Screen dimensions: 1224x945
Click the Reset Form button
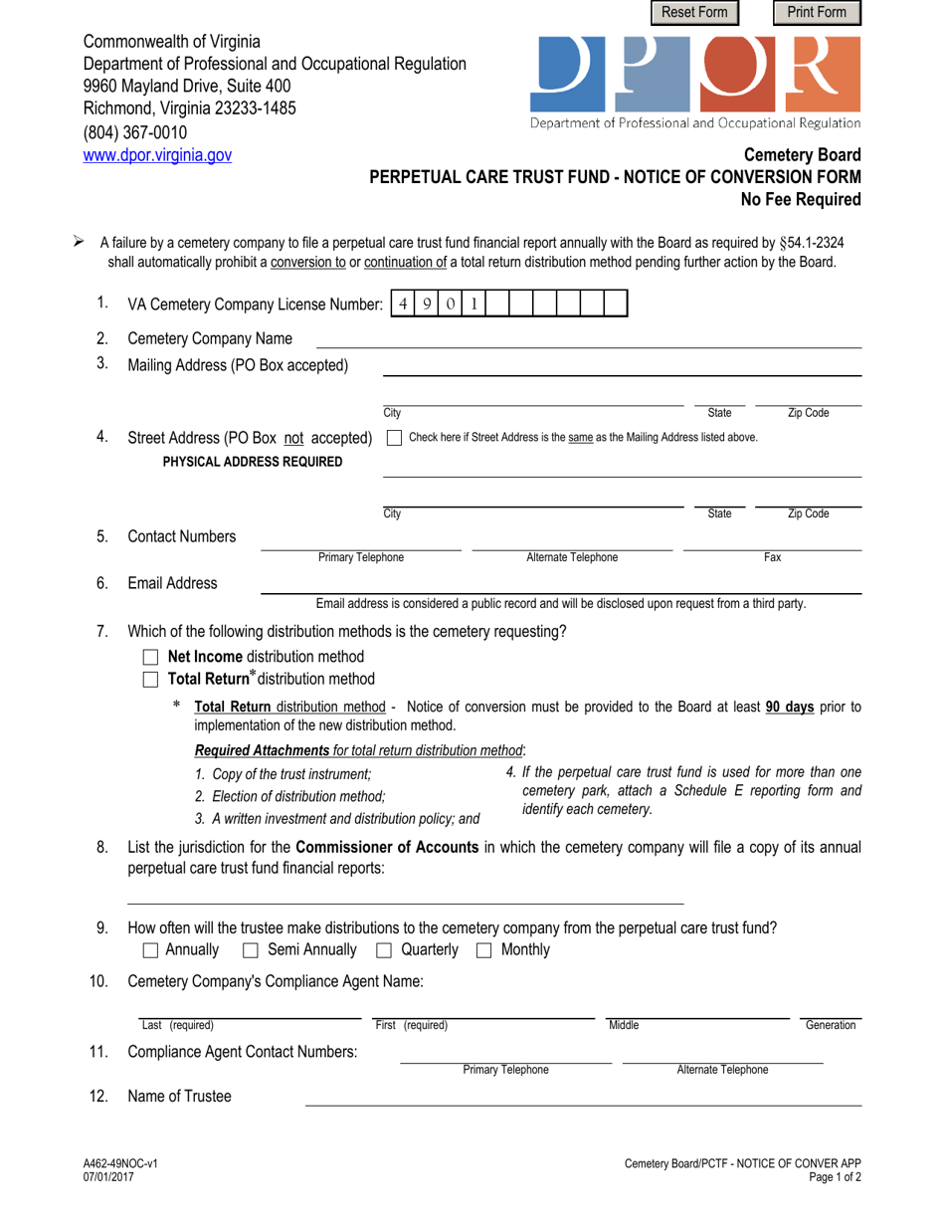(695, 13)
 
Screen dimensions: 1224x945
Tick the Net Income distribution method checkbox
(151, 658)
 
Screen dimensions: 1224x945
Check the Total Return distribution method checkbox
(151, 680)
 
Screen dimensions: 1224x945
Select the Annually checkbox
(151, 950)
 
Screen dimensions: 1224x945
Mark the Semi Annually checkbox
(253, 950)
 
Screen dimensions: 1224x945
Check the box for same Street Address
(393, 437)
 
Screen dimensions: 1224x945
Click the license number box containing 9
(428, 303)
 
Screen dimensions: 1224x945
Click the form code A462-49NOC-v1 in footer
(114, 1163)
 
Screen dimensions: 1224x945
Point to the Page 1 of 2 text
(830, 1177)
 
